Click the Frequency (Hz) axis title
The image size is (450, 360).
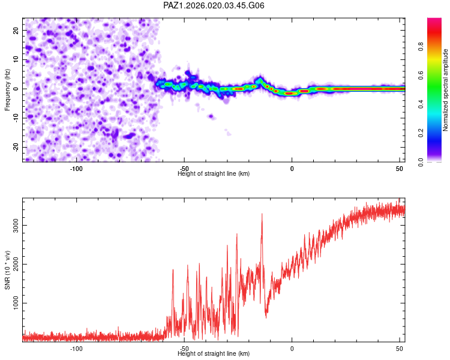[x=8, y=89]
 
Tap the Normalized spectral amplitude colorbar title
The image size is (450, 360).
[x=446, y=90]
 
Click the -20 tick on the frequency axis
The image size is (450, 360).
[x=15, y=148]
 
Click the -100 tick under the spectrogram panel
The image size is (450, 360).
[x=76, y=169]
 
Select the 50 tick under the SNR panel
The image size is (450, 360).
[x=400, y=349]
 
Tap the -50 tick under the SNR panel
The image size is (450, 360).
[x=184, y=349]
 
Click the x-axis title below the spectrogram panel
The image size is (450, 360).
[x=214, y=174]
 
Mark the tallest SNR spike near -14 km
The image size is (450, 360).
[x=262, y=214]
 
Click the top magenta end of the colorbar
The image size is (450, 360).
[x=434, y=20]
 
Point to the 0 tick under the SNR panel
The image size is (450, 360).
[x=292, y=349]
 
